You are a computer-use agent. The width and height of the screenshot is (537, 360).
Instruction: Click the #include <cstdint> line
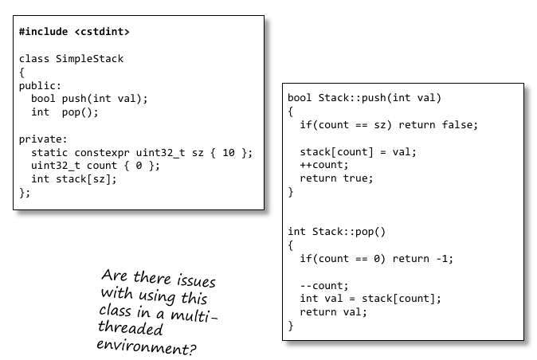click(x=74, y=32)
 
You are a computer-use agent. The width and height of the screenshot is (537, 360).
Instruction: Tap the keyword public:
click(x=41, y=85)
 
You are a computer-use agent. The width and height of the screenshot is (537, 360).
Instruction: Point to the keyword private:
click(x=43, y=139)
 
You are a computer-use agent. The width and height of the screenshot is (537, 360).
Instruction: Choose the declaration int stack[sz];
click(x=73, y=178)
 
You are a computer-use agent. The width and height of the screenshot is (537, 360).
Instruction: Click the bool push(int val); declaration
click(x=89, y=99)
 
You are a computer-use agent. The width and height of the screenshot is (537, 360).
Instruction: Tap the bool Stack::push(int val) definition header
click(x=364, y=98)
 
